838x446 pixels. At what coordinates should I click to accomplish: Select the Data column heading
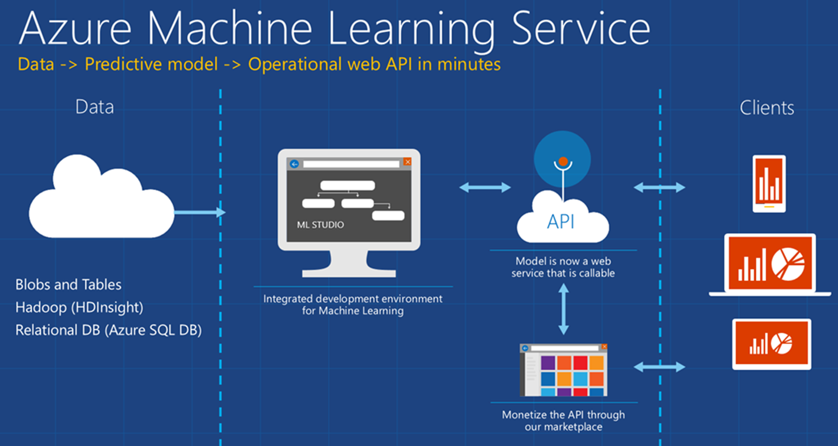(x=95, y=107)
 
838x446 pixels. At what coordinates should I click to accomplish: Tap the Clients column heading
(x=767, y=108)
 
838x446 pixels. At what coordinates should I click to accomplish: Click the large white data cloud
(x=101, y=200)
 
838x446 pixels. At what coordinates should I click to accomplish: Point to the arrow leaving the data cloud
(x=199, y=212)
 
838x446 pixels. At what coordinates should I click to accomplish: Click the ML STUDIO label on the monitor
(x=320, y=224)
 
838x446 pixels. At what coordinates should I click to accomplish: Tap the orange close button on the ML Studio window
(x=407, y=162)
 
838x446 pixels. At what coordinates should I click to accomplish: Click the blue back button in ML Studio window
(x=294, y=164)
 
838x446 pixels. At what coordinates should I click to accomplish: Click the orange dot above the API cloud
(x=562, y=161)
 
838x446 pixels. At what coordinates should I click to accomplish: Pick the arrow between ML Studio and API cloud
(x=485, y=187)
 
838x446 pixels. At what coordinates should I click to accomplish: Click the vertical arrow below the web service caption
(x=563, y=309)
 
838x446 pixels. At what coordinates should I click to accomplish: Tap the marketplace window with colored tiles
(x=563, y=370)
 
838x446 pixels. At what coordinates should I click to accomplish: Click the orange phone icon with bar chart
(x=769, y=183)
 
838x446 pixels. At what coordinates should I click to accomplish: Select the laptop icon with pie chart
(x=770, y=264)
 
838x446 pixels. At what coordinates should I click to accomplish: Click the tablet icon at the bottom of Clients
(x=771, y=344)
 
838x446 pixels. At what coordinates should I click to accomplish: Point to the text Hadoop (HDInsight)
(x=79, y=307)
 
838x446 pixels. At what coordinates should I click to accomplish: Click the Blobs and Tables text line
(x=68, y=285)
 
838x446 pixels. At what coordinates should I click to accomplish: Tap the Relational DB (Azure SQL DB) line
(x=108, y=330)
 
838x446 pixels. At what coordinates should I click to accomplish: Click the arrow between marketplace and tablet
(x=659, y=367)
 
